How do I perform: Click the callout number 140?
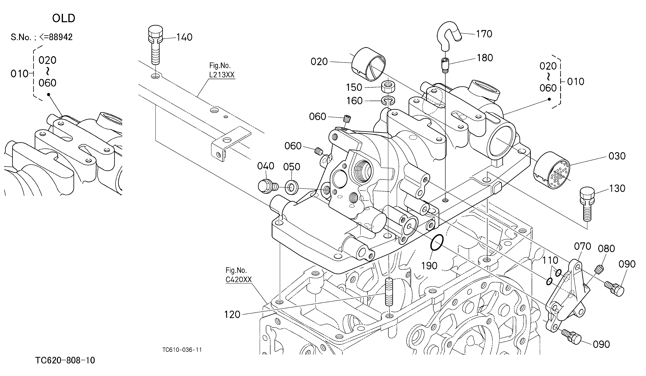click(x=184, y=37)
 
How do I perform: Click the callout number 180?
click(x=485, y=58)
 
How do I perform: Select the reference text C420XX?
click(x=238, y=279)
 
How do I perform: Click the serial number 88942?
click(x=61, y=37)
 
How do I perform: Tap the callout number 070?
click(x=582, y=246)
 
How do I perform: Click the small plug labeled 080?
click(x=599, y=269)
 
